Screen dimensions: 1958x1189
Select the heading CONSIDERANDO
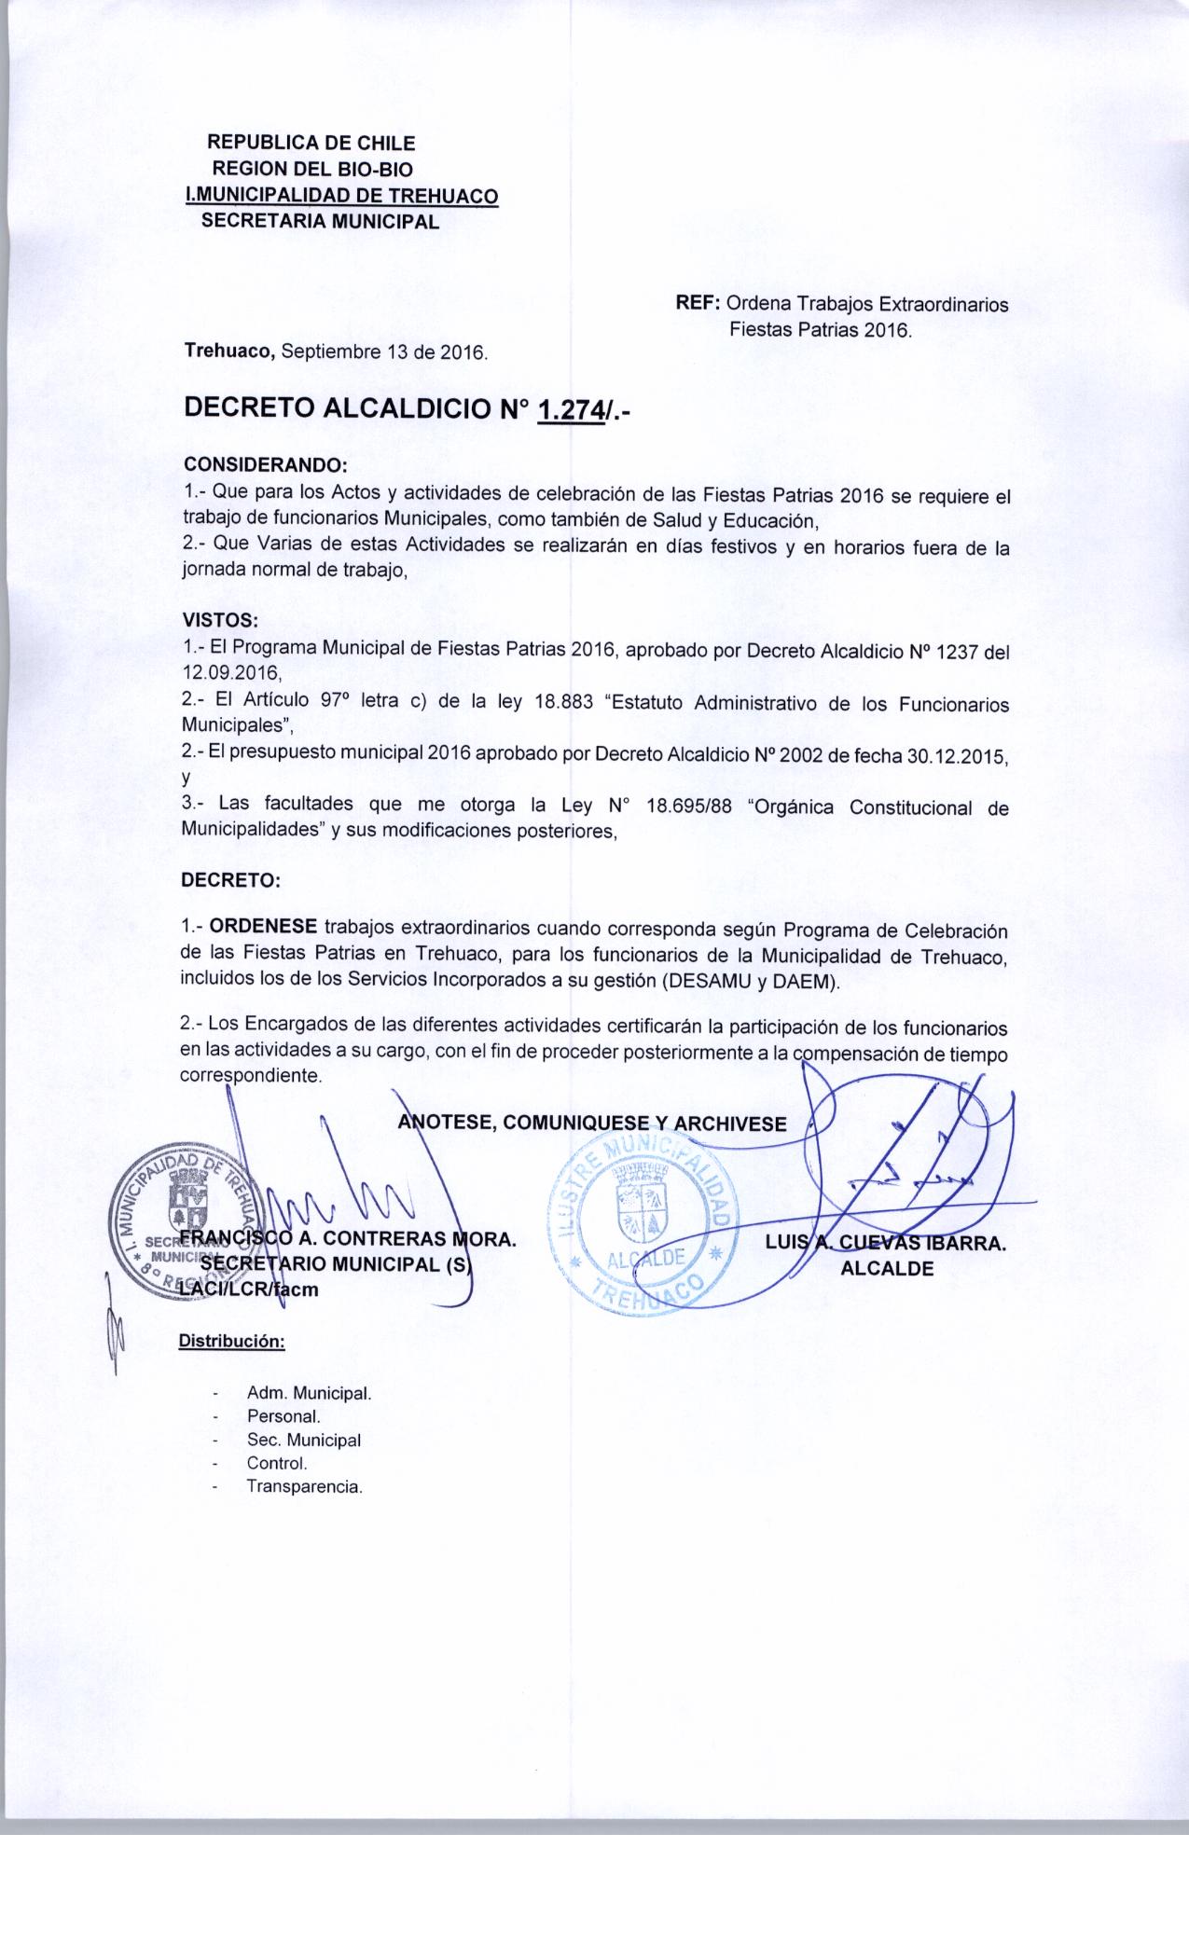265,465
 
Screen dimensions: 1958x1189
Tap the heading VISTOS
221,620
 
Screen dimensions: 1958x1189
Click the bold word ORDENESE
264,928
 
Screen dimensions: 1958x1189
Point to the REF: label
698,305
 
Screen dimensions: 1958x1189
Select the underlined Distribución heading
231,1343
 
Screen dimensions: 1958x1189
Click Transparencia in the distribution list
304,1487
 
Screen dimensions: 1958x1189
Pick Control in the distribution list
277,1463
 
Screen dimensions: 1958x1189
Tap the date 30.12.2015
958,756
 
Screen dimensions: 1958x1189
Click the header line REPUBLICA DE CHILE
311,144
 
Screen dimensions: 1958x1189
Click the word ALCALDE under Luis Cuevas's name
886,1268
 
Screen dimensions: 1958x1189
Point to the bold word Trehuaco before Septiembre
228,352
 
